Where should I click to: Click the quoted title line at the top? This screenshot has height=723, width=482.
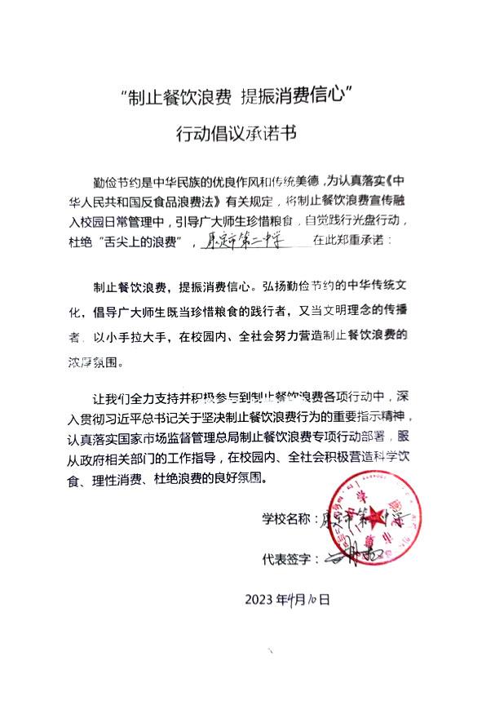(x=241, y=99)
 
